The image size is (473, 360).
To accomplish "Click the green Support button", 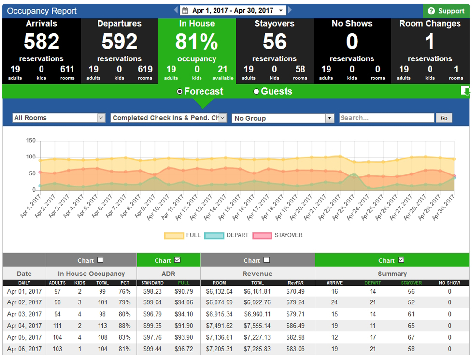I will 446,11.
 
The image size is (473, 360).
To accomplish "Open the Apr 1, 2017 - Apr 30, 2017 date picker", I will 233,10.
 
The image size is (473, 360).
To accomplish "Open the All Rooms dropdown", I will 59,118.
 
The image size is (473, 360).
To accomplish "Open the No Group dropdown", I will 283,118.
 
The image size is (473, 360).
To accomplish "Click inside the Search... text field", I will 387,118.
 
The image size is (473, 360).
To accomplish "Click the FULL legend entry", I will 182,235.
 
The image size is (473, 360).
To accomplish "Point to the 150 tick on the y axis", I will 31,141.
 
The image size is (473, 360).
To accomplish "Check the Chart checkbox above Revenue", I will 266,260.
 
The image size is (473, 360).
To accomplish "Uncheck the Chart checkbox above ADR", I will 177,260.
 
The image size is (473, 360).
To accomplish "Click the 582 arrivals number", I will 42,42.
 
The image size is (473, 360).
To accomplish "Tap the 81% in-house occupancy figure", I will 197,42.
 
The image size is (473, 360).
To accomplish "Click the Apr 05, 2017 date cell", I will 24,337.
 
